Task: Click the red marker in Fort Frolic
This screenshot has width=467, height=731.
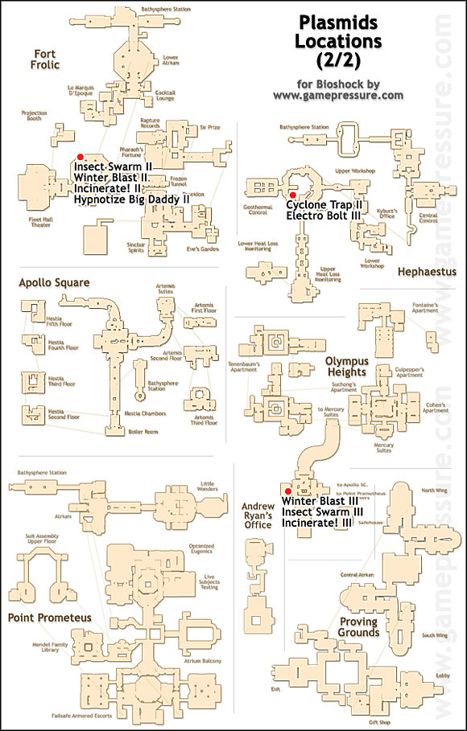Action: click(79, 158)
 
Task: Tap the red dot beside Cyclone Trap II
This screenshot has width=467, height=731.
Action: click(293, 195)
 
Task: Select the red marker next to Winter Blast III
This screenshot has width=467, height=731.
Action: click(286, 490)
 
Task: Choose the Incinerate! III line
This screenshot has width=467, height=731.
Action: click(317, 523)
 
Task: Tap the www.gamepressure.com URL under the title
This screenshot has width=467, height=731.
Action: click(337, 95)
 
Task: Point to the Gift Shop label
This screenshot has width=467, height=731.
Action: click(367, 722)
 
